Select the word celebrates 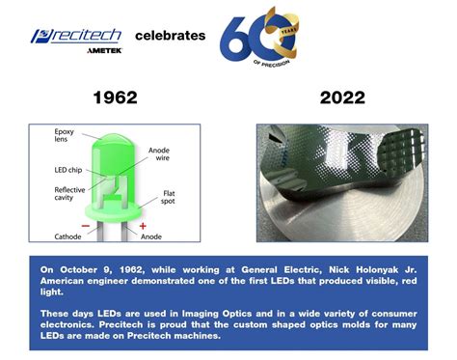(171, 36)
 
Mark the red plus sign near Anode (143, 225)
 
